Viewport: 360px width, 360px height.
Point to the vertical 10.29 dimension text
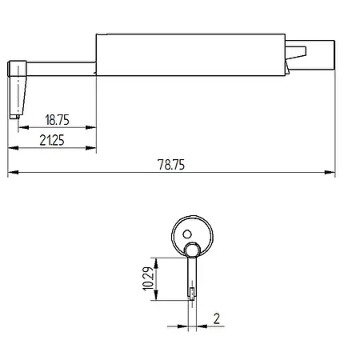(x=148, y=278)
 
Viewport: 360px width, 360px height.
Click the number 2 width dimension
(x=217, y=318)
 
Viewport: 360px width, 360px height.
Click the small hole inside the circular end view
(x=187, y=234)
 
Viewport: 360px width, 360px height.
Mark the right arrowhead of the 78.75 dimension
(x=330, y=173)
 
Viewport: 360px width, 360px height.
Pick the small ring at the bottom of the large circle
(x=193, y=250)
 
